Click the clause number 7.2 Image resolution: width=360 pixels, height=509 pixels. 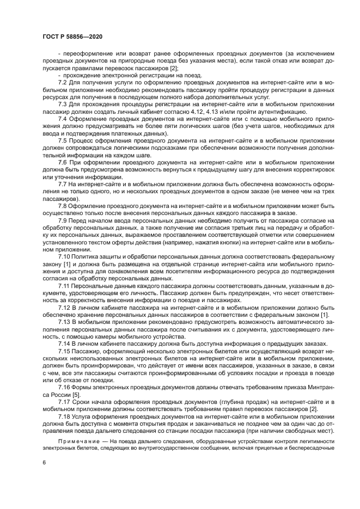pyautogui.click(x=63, y=81)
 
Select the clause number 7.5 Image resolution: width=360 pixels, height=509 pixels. pyautogui.click(x=63, y=140)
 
